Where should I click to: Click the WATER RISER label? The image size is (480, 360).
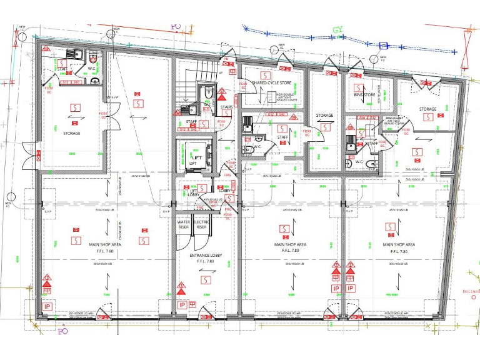(184, 224)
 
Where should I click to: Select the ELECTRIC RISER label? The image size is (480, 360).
(201, 224)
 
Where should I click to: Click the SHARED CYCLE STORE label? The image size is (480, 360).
(271, 82)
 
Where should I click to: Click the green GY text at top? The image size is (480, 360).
(338, 29)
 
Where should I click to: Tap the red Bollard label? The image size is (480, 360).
(470, 291)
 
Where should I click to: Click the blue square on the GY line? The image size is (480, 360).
(385, 45)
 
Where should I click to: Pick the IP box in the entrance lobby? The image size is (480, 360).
(182, 305)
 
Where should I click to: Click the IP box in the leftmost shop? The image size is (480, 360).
(47, 307)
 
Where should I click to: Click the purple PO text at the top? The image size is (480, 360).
(177, 28)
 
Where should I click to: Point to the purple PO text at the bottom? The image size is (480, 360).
(62, 331)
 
